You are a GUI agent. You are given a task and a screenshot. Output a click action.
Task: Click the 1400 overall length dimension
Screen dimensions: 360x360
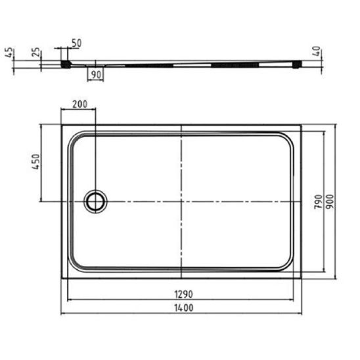(184, 308)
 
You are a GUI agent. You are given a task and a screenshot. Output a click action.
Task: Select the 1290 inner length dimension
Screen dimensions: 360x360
(184, 294)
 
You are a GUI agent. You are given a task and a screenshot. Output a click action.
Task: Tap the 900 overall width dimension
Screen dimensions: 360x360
(330, 202)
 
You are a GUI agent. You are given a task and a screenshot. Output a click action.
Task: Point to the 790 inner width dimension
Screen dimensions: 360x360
(318, 202)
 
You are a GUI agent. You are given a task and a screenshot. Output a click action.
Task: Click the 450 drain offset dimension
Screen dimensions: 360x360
(36, 162)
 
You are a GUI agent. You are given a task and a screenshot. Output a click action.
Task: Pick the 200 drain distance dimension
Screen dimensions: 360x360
(80, 104)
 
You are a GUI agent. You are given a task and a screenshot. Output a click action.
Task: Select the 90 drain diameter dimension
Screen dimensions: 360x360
(96, 75)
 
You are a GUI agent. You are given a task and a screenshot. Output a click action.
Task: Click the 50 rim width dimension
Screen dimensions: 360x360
(76, 43)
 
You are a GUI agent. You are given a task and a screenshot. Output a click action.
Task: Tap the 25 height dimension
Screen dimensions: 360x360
(36, 52)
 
